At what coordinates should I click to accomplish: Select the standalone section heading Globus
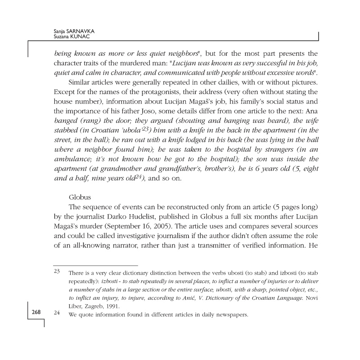(79, 197)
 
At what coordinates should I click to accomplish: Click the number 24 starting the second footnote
(57, 314)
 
